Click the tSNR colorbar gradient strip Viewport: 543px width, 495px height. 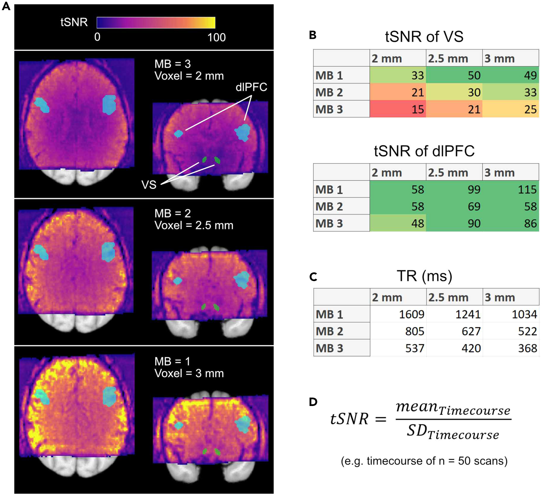pyautogui.click(x=156, y=23)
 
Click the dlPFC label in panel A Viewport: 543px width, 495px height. pyautogui.click(x=251, y=87)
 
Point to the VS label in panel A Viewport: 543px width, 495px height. pyautogui.click(x=149, y=185)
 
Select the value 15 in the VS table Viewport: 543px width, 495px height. pyautogui.click(x=418, y=109)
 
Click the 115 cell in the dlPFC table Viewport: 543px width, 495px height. pyautogui.click(x=527, y=190)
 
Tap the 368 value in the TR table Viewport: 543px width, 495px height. pyautogui.click(x=527, y=348)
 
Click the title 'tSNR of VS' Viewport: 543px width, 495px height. pyautogui.click(x=424, y=37)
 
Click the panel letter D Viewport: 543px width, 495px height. pyautogui.click(x=313, y=402)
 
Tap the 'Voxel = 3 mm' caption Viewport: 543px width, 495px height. pyautogui.click(x=189, y=373)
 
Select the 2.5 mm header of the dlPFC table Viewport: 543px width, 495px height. pyautogui.click(x=448, y=173)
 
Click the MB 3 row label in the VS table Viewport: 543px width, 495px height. pyautogui.click(x=329, y=109)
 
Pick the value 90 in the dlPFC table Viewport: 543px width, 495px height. pyautogui.click(x=474, y=224)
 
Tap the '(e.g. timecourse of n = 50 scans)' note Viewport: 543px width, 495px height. pyautogui.click(x=424, y=461)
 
